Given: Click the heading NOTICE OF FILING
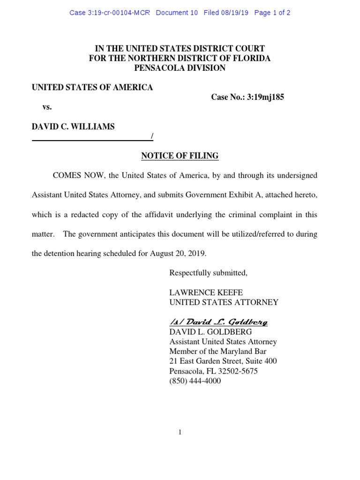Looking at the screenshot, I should (x=180, y=156).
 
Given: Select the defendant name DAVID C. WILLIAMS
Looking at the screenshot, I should (x=73, y=127).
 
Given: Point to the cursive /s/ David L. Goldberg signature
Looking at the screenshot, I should (x=218, y=322).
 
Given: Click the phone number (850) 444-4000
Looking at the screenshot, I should (x=195, y=381).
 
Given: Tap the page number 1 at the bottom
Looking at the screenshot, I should (x=180, y=432).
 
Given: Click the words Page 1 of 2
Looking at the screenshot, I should (x=272, y=13).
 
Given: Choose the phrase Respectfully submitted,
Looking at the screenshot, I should (x=208, y=273).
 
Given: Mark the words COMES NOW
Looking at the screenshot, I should (x=77, y=175).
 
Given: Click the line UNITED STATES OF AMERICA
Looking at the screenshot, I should (x=92, y=88).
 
